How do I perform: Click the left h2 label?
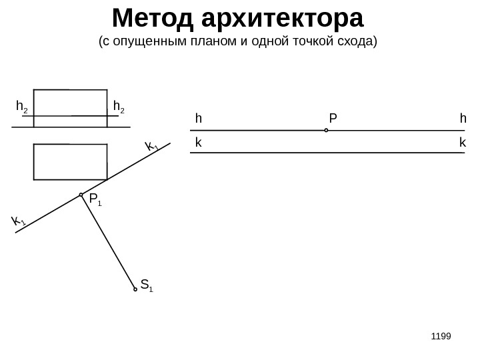22,107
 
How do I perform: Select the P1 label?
95,199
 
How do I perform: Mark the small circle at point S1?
135,289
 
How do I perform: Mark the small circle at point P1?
81,195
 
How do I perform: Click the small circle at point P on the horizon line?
327,131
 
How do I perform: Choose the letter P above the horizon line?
333,118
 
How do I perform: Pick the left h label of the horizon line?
198,118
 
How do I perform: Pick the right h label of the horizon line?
463,118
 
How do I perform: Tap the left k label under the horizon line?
198,143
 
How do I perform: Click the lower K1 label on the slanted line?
18,221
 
